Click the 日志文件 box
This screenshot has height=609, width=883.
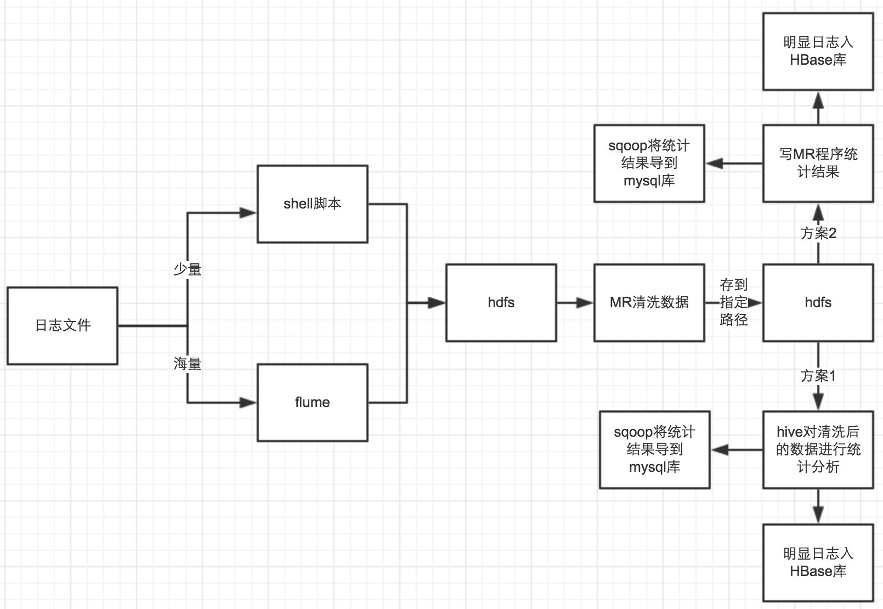pos(63,325)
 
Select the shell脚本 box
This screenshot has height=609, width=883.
pos(312,204)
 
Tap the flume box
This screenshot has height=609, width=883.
pos(312,402)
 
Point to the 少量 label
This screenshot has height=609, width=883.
pos(188,269)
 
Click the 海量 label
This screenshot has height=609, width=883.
pos(188,363)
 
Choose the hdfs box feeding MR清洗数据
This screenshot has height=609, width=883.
pos(501,302)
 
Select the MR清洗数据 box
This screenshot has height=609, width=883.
pos(649,302)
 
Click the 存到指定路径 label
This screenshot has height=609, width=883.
pos(734,302)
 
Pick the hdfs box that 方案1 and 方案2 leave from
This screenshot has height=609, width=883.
pos(818,302)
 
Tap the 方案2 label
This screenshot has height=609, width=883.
pos(818,233)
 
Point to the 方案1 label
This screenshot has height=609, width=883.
pos(818,376)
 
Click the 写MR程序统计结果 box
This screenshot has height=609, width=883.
pos(818,163)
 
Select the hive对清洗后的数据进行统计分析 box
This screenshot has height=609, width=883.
pos(818,449)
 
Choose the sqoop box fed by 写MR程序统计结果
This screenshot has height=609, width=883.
pos(649,163)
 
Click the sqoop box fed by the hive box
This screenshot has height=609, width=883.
pos(654,449)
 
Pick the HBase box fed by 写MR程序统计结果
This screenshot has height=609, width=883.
pos(818,51)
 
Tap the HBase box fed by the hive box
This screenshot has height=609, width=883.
pos(818,562)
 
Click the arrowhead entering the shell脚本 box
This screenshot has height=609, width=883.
pos(249,213)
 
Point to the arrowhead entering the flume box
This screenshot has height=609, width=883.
pos(249,402)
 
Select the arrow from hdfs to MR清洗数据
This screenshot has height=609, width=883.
pos(575,302)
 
